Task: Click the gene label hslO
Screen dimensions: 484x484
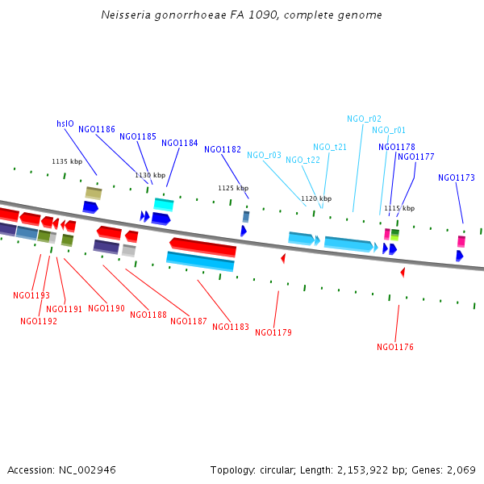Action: point(65,123)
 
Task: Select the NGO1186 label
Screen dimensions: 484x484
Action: point(97,129)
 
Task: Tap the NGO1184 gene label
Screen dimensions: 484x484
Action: point(180,143)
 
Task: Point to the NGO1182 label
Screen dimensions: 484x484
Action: point(223,149)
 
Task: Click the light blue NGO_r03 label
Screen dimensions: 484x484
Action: point(264,155)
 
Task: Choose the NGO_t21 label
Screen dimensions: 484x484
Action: point(330,147)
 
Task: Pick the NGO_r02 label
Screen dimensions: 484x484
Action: point(365,119)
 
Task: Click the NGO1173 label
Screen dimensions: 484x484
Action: point(457,177)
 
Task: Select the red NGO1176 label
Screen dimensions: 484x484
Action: point(395,347)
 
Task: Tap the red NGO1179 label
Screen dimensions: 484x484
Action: point(273,332)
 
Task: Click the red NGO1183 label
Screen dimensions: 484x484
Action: point(231,327)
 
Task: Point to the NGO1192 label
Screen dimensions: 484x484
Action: point(39,321)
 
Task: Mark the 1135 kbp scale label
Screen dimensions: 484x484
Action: point(67,161)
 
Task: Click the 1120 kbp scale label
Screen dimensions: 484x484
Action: point(316,198)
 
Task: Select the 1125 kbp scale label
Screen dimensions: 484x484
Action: point(233,188)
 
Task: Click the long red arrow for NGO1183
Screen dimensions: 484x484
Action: point(202,247)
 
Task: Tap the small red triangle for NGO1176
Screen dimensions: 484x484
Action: point(403,273)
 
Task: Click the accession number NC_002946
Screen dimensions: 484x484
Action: point(90,469)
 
